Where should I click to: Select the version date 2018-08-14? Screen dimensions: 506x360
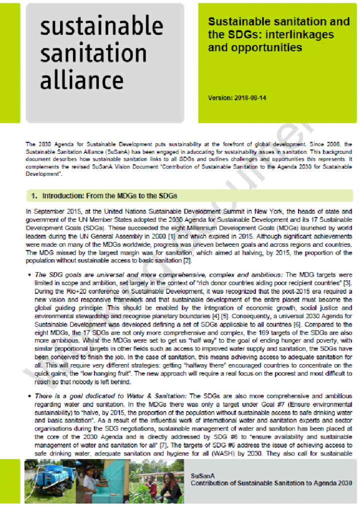(x=250, y=98)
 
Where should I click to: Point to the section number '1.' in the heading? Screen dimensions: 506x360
(x=35, y=195)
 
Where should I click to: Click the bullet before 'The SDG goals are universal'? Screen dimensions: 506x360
(x=29, y=275)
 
